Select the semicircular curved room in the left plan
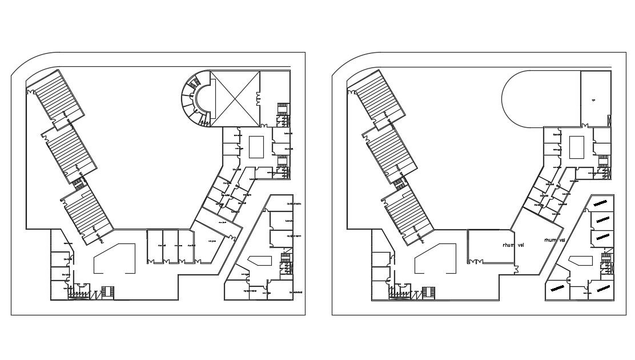coord(191,98)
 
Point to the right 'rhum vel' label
coord(554,240)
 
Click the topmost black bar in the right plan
coord(600,202)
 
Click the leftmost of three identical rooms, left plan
coord(155,246)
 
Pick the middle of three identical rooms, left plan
coord(170,246)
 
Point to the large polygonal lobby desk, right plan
coord(435,260)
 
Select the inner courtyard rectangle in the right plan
coord(577,147)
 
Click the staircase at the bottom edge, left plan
coord(107,291)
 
